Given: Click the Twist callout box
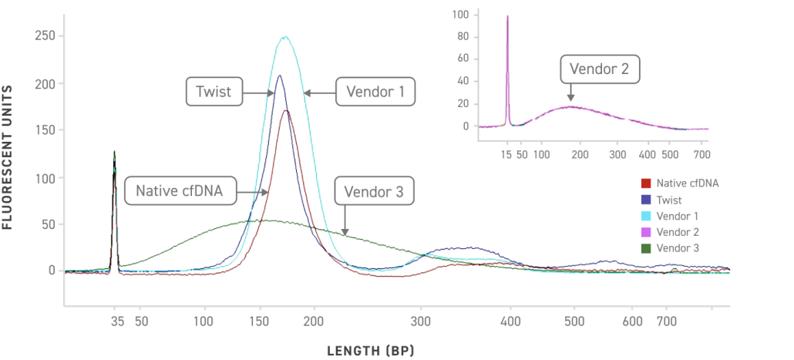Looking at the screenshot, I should [x=214, y=92].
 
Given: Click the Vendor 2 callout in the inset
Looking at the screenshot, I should [x=599, y=70].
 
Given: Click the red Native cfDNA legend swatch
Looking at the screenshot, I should [x=646, y=183].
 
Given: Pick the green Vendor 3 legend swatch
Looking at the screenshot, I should [x=646, y=247].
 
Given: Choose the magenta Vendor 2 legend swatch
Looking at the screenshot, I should [x=646, y=231].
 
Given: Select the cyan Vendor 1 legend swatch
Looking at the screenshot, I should [x=646, y=215].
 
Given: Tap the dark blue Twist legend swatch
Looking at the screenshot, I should [x=646, y=200].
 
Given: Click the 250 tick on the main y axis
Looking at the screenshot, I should [x=45, y=35].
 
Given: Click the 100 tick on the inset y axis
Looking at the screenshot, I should [x=461, y=14].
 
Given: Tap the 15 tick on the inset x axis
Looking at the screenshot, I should [x=507, y=154].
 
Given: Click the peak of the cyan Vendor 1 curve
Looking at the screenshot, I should [x=285, y=36].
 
